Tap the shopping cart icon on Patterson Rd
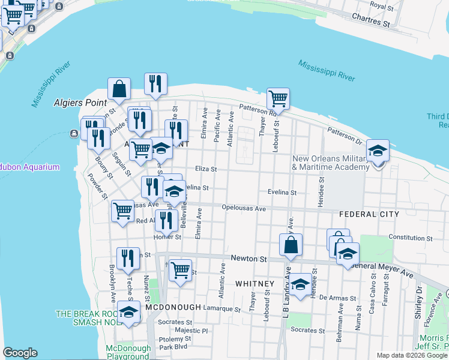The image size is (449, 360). point(278,98)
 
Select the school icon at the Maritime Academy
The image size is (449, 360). point(378,151)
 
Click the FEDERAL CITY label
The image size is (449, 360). point(369,214)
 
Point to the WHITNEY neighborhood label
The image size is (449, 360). point(255,283)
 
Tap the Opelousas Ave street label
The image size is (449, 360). point(243,209)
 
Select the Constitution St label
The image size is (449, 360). point(415,238)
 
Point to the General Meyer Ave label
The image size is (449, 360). point(384,268)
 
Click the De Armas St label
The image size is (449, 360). point(334,297)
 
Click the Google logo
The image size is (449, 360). point(20,353)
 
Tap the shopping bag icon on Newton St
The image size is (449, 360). point(291,245)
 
